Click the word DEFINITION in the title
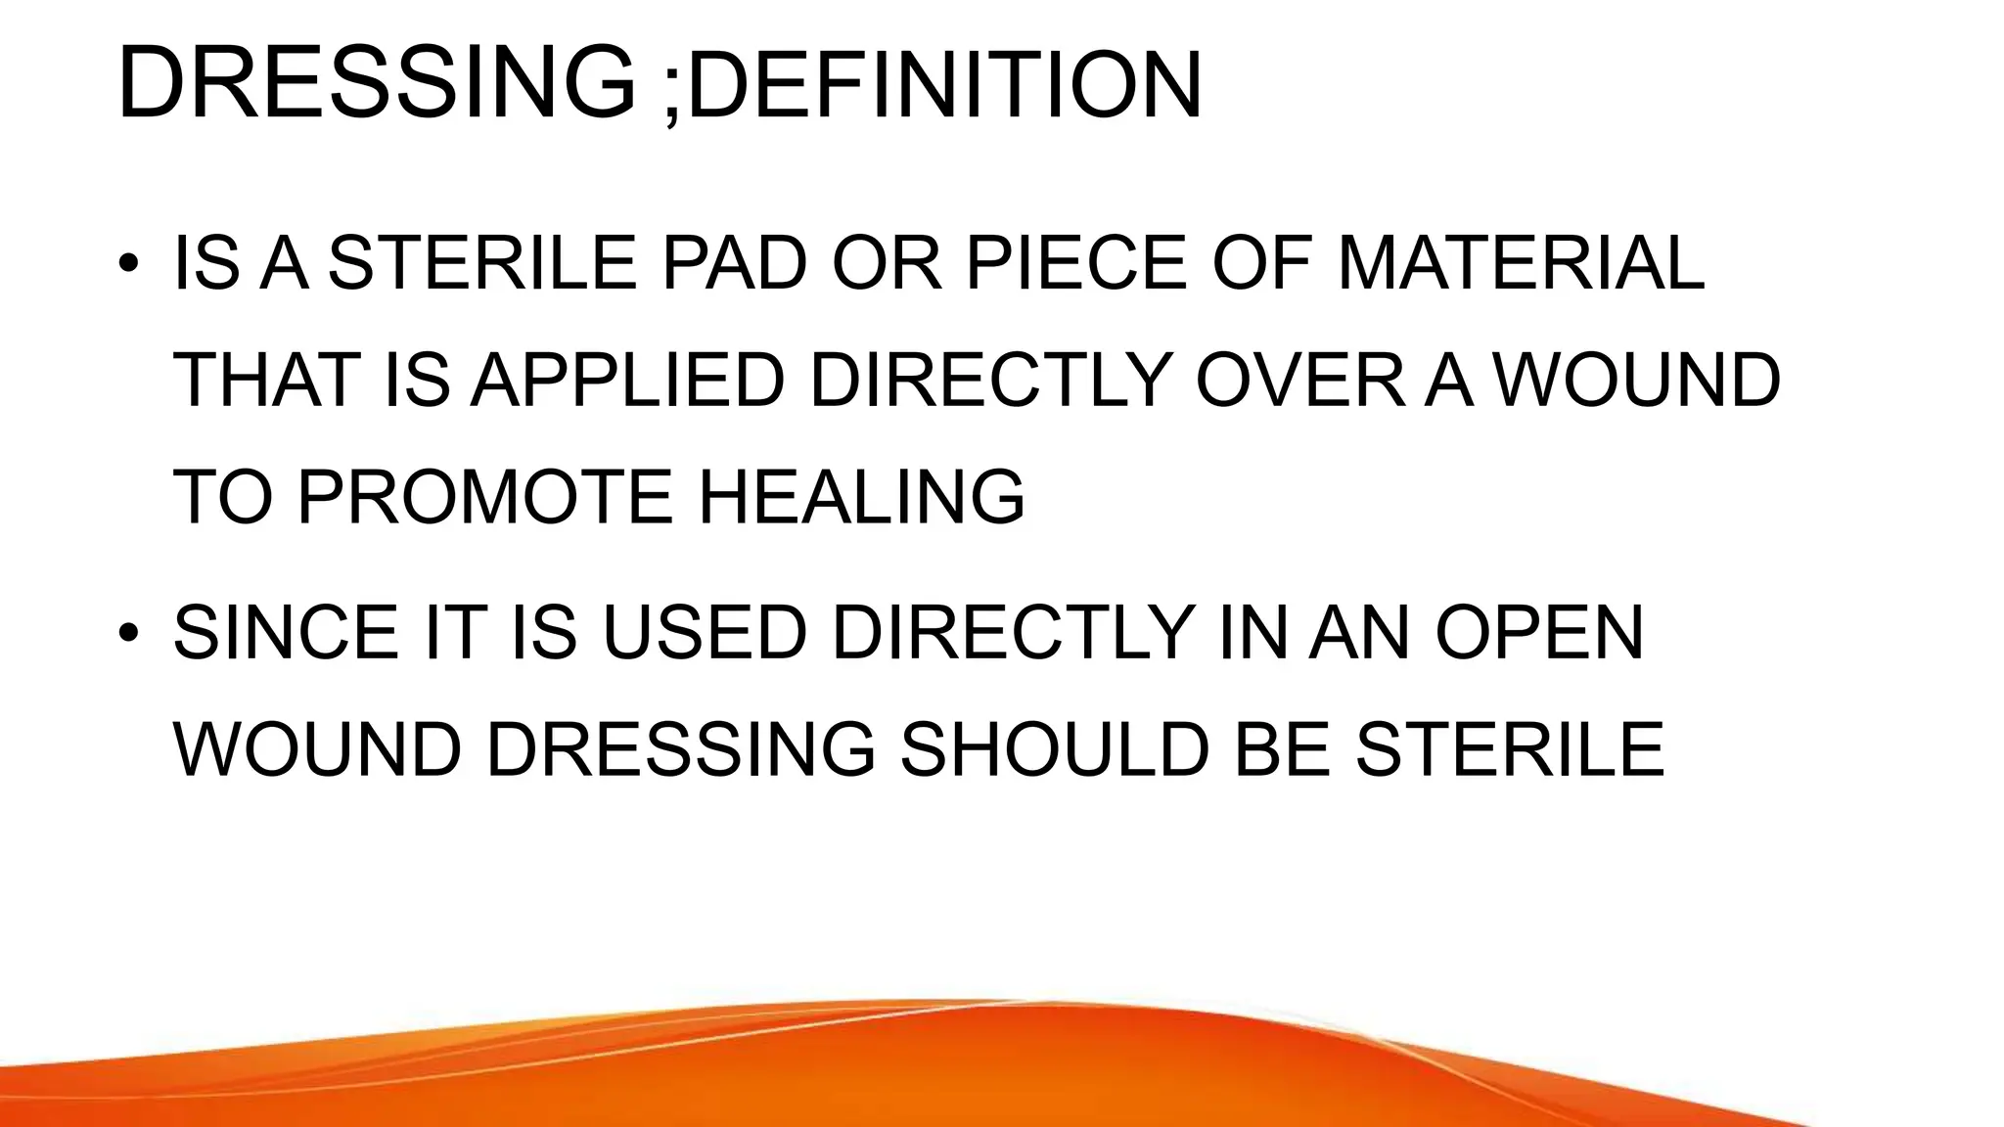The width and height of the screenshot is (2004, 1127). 944,86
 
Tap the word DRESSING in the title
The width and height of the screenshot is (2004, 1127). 376,86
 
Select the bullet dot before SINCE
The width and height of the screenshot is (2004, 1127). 128,634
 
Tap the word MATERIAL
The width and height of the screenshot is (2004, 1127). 1522,264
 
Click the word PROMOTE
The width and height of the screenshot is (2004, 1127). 484,497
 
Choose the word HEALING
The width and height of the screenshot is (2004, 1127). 861,497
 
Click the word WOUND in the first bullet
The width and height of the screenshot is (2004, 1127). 1638,381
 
